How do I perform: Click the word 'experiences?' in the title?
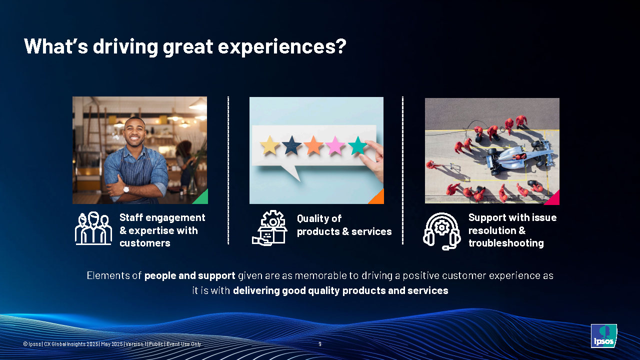pos(282,47)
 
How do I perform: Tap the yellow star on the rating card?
pos(269,145)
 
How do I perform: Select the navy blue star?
pos(291,145)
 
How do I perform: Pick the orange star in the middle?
pos(313,145)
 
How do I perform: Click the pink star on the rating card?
pos(335,145)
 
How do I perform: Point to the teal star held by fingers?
pos(357,145)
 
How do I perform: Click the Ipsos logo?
pos(603,335)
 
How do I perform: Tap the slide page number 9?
pos(320,344)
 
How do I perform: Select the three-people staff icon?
pos(93,228)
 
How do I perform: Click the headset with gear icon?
pos(441,231)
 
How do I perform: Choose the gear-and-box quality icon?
pos(269,228)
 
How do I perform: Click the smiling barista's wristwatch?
pos(126,189)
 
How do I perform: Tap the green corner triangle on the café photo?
pos(201,198)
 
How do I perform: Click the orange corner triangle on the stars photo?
pos(377,197)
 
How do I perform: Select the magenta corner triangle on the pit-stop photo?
pos(553,199)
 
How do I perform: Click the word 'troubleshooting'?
pos(506,243)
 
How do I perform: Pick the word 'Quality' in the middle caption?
pos(313,218)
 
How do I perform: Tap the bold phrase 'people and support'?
pos(189,275)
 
